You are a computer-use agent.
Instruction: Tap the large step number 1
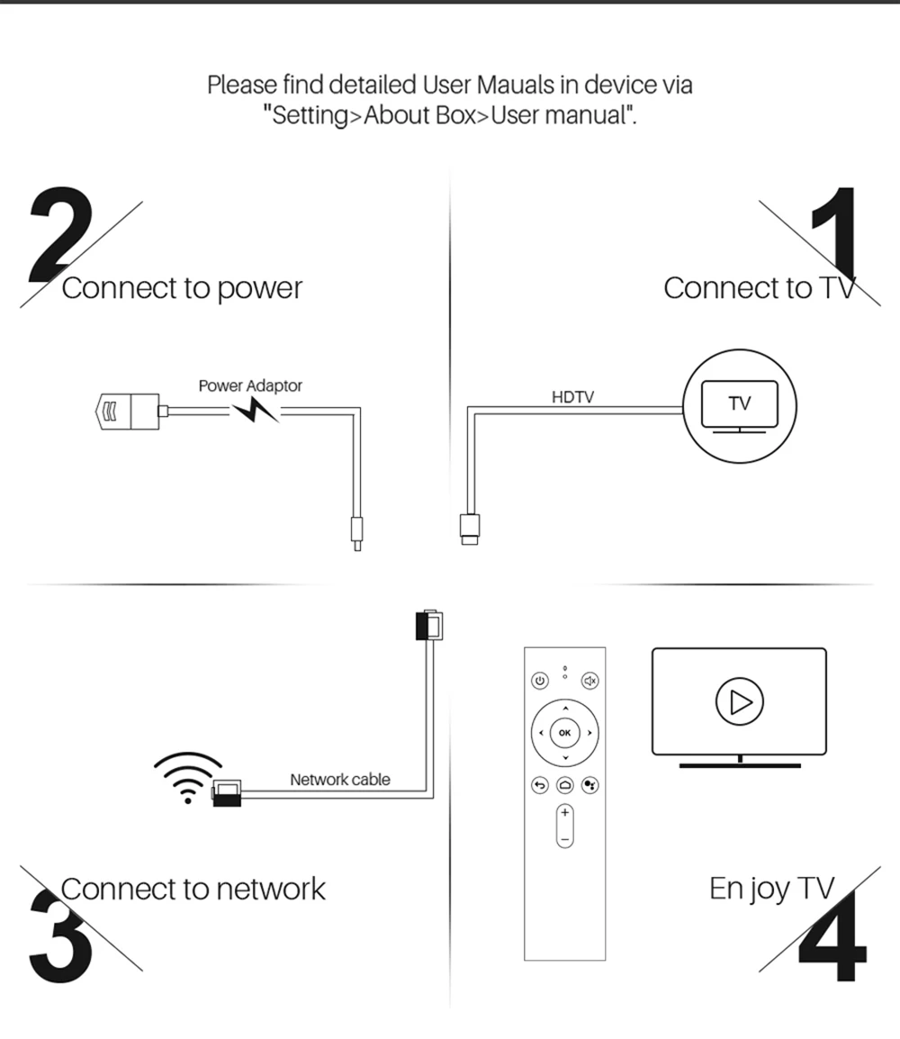coord(836,232)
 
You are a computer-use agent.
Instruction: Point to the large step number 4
coord(832,935)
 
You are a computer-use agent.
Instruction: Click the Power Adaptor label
coord(250,385)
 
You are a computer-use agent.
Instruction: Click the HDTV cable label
coord(572,397)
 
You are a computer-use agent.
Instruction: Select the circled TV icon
coord(740,405)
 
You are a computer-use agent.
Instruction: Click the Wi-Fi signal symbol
coord(188,777)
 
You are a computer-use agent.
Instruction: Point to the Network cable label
coord(339,780)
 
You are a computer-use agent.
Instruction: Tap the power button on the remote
coord(540,681)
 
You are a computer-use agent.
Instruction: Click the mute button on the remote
coord(590,681)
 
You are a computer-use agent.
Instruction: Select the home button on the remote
coord(565,785)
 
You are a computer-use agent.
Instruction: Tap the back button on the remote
coord(540,785)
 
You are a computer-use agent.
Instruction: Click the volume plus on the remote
coord(565,812)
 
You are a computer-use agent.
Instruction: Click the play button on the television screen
coord(740,701)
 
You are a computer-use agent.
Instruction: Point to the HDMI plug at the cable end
coord(470,529)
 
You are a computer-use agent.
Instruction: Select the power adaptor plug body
coord(128,411)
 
